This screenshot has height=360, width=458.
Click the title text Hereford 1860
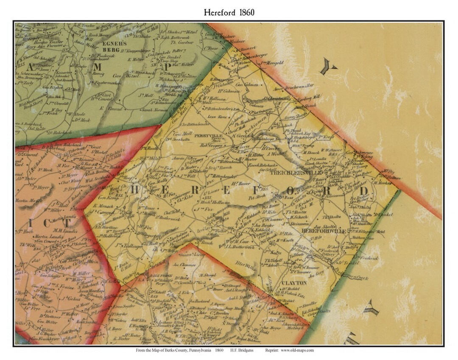coord(229,12)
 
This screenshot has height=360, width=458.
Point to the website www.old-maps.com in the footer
coord(296,350)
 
